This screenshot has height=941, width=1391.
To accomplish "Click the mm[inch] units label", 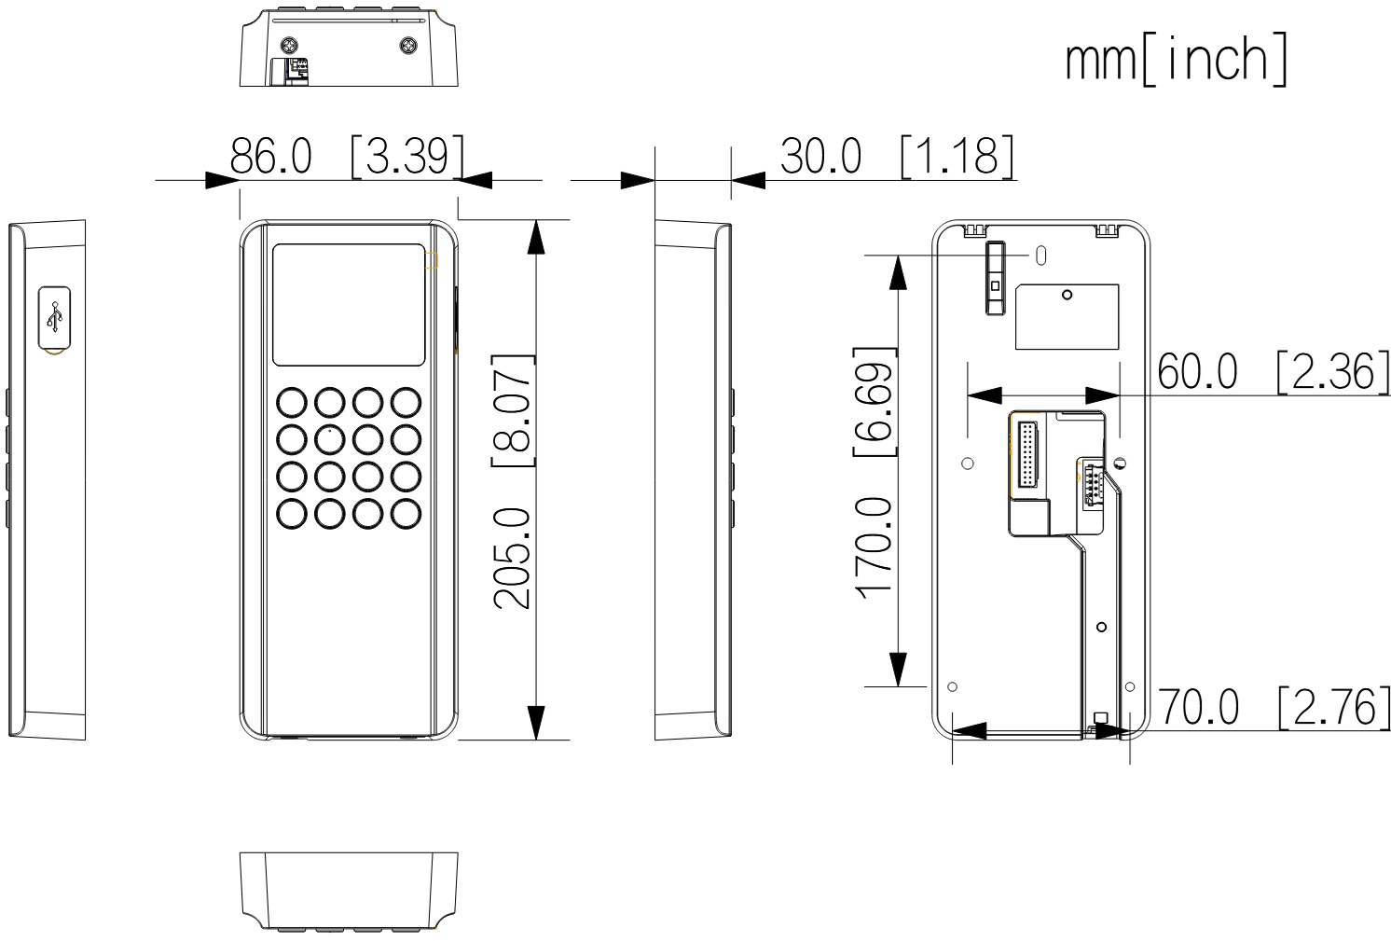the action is [1177, 60].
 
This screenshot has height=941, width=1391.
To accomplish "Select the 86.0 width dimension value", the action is [270, 156].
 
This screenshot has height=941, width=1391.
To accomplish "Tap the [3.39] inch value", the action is [407, 156].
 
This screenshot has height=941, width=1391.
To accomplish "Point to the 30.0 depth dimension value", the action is [820, 156].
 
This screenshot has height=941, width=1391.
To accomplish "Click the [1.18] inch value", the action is [957, 156].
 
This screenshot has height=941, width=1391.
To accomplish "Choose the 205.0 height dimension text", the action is [513, 559].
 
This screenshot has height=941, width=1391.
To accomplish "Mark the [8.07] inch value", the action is [513, 410].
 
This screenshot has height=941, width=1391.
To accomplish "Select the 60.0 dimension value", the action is [1198, 371].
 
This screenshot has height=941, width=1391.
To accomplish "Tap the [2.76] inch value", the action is [1334, 708].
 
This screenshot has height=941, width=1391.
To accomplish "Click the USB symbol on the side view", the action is [55, 317].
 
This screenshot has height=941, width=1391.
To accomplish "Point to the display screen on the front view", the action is [349, 304].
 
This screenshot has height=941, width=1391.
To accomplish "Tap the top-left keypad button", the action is [292, 403].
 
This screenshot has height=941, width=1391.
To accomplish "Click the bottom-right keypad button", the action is [406, 514].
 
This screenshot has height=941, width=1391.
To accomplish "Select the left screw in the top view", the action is [289, 45].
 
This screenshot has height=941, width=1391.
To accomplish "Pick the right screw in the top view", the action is [408, 45].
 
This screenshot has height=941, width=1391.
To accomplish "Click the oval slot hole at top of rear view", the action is [1041, 256].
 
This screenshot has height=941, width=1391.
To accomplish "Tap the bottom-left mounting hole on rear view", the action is [952, 687].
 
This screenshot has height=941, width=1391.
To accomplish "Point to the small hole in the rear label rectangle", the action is [1067, 295].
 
